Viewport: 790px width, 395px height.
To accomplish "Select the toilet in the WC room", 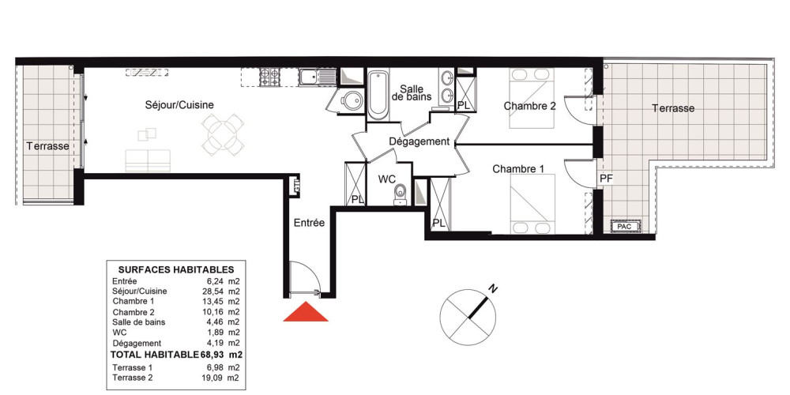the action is click(x=401, y=195).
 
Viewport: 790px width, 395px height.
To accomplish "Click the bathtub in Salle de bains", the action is click(x=378, y=96).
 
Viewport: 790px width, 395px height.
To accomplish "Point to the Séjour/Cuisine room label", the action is click(x=179, y=105).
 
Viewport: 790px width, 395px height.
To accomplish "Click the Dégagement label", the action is click(x=419, y=142).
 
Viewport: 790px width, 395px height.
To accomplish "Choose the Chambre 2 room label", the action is click(x=530, y=106).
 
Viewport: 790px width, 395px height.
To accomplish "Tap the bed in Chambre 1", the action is click(x=532, y=204).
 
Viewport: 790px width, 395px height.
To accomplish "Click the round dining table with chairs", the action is click(x=223, y=134).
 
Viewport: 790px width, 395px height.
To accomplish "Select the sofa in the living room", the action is click(x=148, y=160).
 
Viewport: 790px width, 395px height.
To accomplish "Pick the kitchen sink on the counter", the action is click(x=318, y=77).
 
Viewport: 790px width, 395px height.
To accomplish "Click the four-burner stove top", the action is click(x=269, y=77).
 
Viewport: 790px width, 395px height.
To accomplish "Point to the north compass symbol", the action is click(x=468, y=316).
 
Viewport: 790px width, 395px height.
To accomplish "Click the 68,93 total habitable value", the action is click(x=213, y=355).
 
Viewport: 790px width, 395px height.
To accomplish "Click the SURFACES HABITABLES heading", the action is click(x=176, y=269).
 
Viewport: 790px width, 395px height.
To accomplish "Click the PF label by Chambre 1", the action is click(x=605, y=179).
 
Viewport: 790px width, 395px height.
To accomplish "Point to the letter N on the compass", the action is click(x=494, y=289).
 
